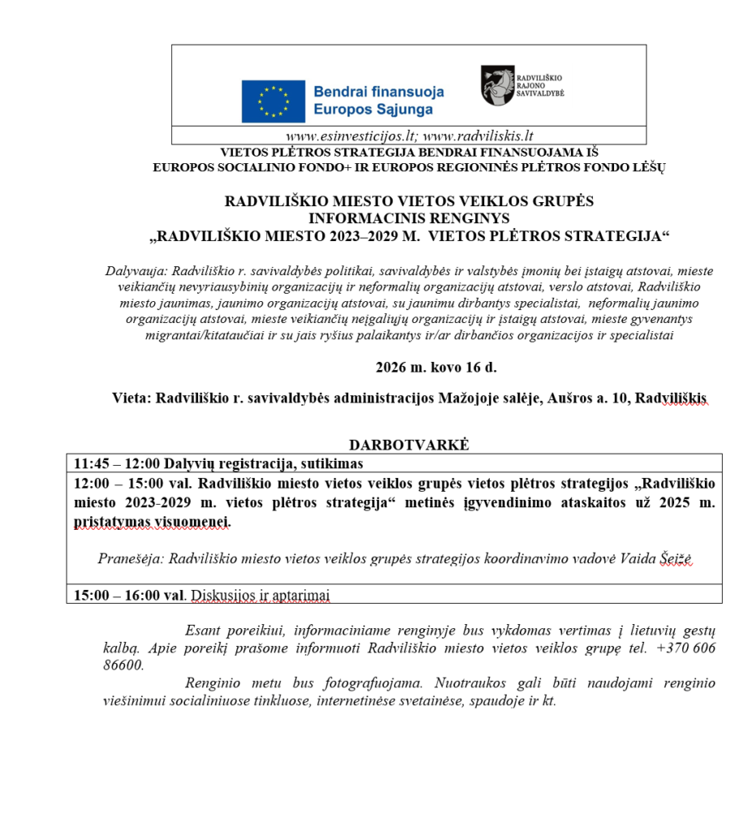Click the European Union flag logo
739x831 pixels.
tap(273, 101)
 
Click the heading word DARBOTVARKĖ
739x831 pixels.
tap(409, 445)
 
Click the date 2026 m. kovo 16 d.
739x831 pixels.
tap(436, 367)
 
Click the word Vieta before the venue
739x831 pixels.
tap(130, 398)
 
